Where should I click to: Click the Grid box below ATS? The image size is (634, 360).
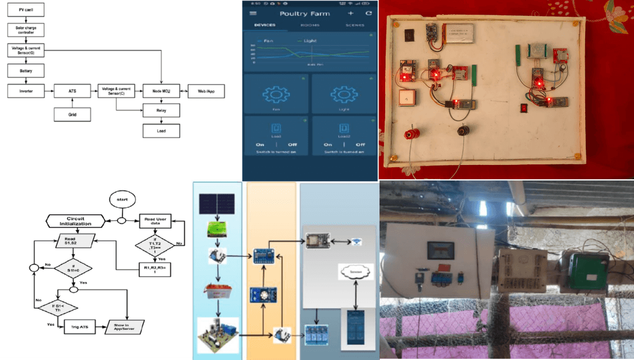pyautogui.click(x=73, y=113)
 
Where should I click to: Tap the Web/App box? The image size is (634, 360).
pyautogui.click(x=205, y=92)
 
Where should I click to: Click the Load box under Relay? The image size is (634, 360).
pyautogui.click(x=161, y=130)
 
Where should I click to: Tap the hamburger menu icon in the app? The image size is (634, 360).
pyautogui.click(x=253, y=14)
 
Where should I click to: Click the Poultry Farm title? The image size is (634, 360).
pyautogui.click(x=305, y=14)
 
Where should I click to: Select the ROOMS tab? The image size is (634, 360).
pyautogui.click(x=310, y=25)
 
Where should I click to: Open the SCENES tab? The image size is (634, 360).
pyautogui.click(x=355, y=25)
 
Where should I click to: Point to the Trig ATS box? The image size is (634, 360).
pyautogui.click(x=80, y=327)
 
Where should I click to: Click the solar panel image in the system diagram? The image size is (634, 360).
pyautogui.click(x=217, y=204)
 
